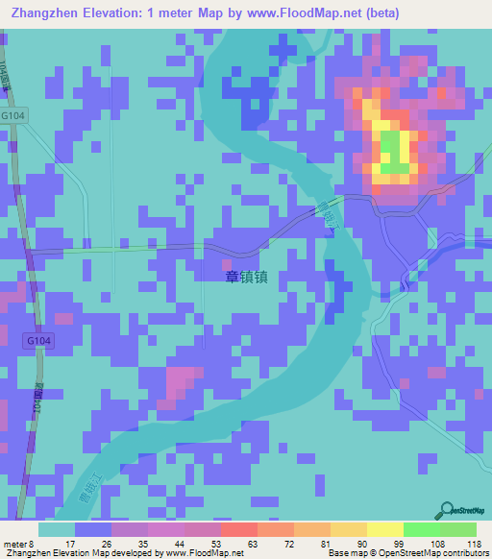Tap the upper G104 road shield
coord(14,114)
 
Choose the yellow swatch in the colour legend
coord(385,529)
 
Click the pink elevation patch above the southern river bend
coord(178,381)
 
